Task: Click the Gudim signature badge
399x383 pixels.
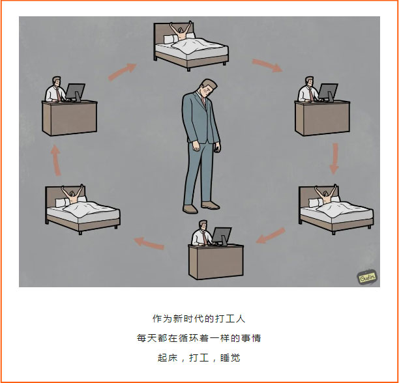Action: coord(367,277)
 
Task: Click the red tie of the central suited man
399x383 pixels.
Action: coord(203,101)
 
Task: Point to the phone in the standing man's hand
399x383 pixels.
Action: coord(217,148)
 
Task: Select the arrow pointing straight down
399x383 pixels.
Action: coord(334,159)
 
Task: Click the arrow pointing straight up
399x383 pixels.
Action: coord(55,160)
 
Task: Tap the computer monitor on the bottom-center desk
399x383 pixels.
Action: coord(222,236)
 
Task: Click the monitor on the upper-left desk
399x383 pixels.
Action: coord(76,92)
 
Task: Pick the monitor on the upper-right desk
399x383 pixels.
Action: coord(328,92)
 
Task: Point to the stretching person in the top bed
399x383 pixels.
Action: coord(181,31)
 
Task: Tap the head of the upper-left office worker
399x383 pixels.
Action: coord(57,81)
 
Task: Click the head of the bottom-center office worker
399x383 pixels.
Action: coord(203,225)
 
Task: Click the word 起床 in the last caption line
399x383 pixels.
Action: coord(168,358)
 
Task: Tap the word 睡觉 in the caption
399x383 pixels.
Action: coord(230,358)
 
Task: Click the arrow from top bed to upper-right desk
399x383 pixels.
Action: coord(267,65)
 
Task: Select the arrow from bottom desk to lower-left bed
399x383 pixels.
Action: coord(149,243)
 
